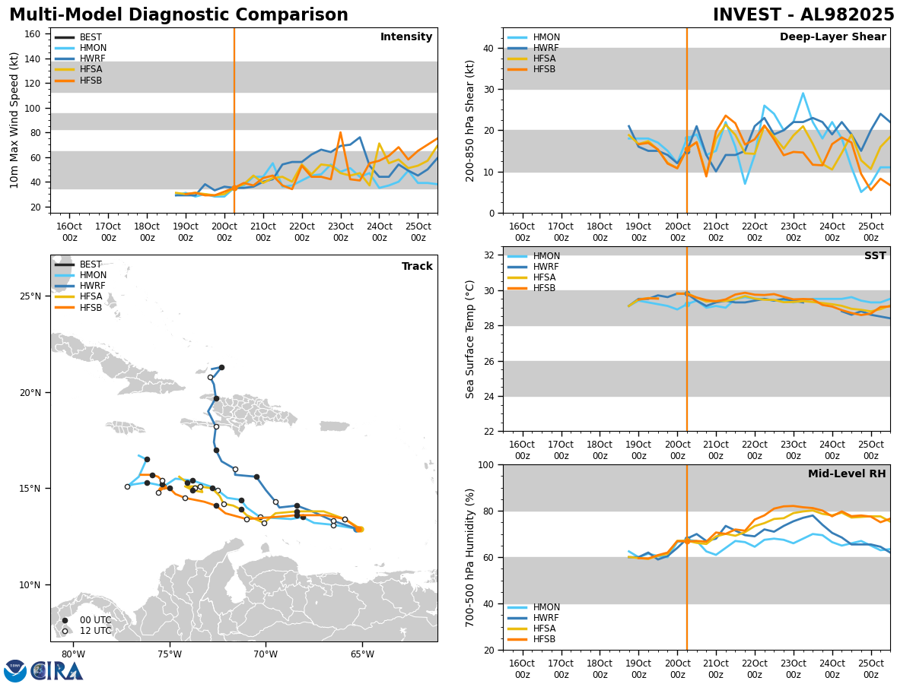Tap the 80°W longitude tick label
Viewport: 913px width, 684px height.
73,653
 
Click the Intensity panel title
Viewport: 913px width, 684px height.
406,37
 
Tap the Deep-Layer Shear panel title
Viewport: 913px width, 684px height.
832,37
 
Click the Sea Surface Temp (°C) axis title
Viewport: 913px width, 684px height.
471,339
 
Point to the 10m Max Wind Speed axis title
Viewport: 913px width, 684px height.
15,120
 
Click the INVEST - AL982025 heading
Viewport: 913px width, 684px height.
803,15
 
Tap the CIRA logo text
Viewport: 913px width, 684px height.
57,671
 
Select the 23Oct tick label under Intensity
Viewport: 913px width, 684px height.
340,232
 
